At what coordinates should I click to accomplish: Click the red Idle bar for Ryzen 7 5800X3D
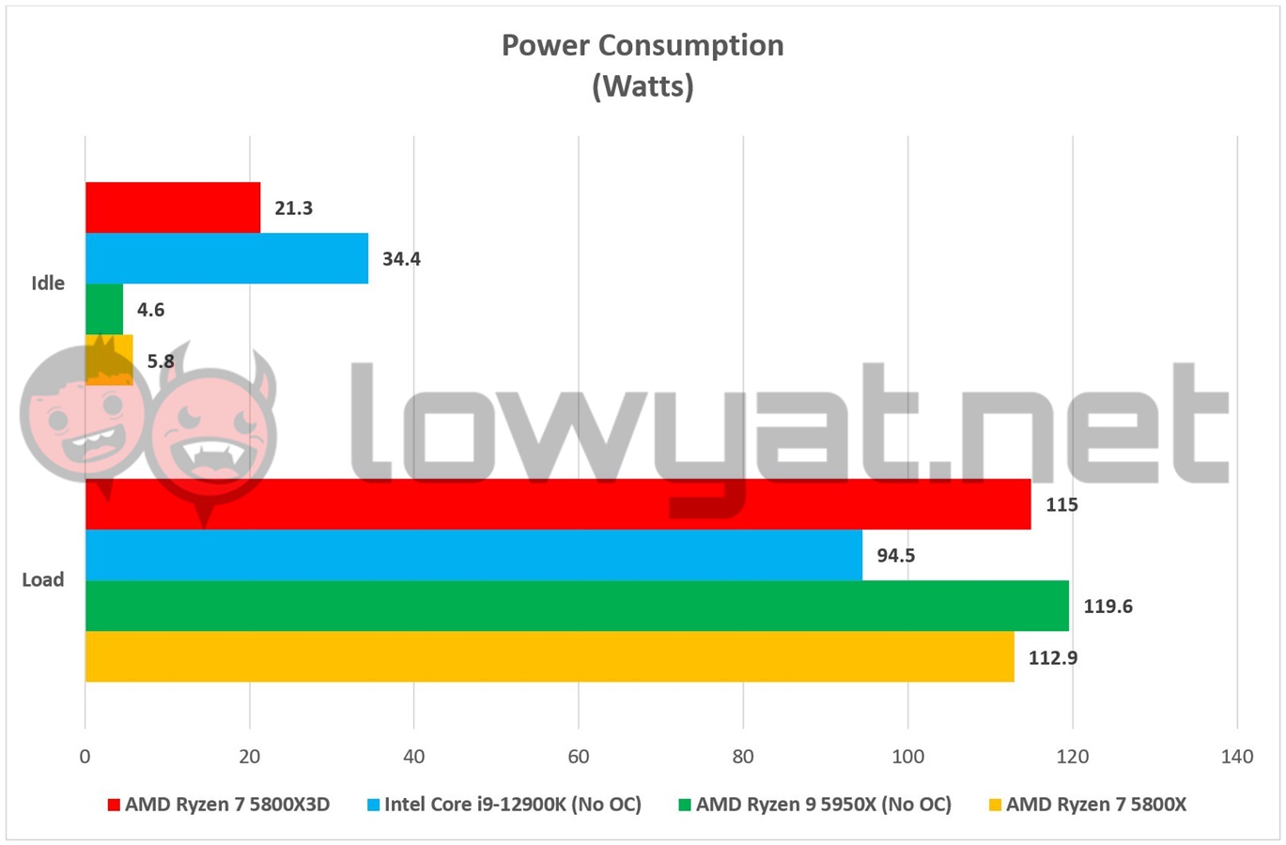(173, 207)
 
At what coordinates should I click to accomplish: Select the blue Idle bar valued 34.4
(226, 258)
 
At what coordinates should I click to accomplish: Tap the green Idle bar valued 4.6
(104, 309)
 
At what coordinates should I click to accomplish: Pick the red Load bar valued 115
(558, 504)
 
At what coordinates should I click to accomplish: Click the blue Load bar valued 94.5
(473, 555)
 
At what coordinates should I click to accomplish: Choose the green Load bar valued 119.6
(577, 606)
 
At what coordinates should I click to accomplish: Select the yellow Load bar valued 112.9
(550, 656)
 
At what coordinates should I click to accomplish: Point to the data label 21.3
(293, 208)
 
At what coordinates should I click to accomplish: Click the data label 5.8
(161, 361)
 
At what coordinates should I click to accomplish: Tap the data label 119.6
(1108, 607)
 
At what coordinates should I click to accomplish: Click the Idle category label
(48, 284)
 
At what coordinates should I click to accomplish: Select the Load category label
(43, 580)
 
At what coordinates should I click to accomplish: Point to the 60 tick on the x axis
(579, 757)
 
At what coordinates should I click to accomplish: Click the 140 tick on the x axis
(1236, 757)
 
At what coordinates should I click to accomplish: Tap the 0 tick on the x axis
(85, 757)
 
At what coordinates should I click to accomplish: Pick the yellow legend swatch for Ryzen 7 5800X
(995, 805)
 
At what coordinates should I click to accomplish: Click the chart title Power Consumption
(643, 46)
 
